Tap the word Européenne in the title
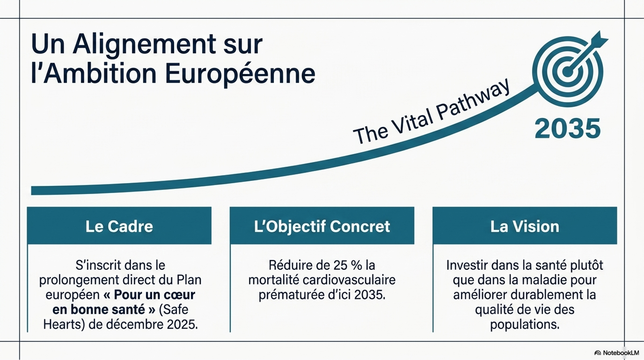pos(240,74)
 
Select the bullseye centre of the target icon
pos(567,72)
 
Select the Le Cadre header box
pos(119,226)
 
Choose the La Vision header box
pos(525,226)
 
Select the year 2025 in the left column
pos(182,325)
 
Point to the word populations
pos(525,325)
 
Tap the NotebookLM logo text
pos(621,353)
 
